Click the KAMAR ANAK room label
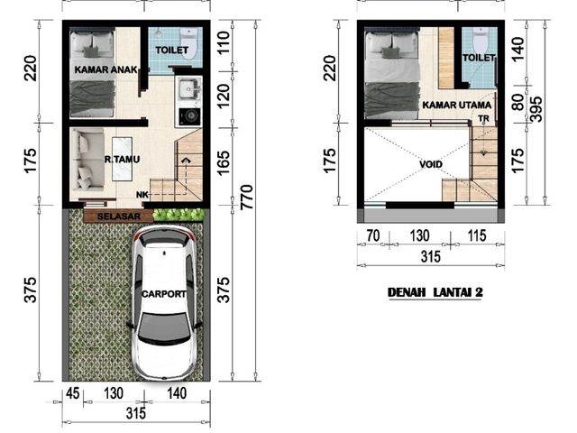[x=105, y=69]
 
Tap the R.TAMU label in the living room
[x=122, y=160]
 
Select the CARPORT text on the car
[x=164, y=294]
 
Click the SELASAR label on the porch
[x=119, y=216]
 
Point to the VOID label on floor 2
[x=431, y=164]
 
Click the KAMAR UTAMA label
[x=457, y=105]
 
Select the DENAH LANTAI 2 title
[x=435, y=292]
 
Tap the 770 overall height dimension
[x=247, y=198]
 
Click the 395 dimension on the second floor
[x=537, y=109]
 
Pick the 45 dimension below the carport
[x=72, y=393]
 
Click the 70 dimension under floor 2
[x=372, y=235]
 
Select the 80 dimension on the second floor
[x=517, y=102]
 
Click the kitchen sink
[x=189, y=89]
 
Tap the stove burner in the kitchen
[x=190, y=116]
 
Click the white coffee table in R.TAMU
[x=122, y=159]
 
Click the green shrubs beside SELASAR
[x=179, y=215]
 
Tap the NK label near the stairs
[x=142, y=195]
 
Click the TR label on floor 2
[x=483, y=119]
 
